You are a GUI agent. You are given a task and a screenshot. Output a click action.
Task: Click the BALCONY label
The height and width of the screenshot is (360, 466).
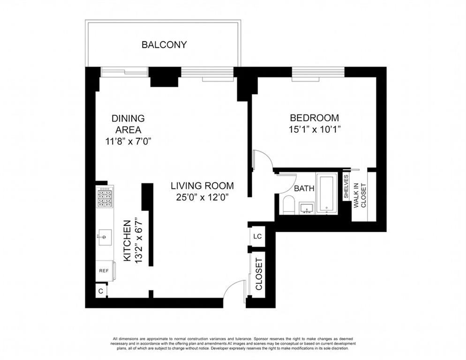tap(164, 45)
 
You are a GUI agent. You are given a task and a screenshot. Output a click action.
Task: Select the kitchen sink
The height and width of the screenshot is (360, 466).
tap(105, 237)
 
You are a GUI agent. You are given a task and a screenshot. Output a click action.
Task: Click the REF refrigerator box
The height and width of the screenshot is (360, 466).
tap(104, 271)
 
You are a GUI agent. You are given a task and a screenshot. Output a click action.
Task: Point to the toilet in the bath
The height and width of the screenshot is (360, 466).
tap(289, 204)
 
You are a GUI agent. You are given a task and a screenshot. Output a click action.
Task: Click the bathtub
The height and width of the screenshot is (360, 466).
tap(327, 193)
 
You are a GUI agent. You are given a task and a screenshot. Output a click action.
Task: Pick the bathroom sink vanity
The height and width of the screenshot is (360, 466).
tap(307, 208)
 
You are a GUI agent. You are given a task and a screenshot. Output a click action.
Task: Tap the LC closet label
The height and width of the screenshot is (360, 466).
tap(257, 236)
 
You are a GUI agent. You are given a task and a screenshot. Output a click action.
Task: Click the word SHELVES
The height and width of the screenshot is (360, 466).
tap(346, 187)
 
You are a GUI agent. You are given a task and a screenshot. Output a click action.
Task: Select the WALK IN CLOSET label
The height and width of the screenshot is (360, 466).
tap(360, 195)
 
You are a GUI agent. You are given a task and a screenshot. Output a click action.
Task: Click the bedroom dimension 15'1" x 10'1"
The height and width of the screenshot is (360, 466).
tap(315, 130)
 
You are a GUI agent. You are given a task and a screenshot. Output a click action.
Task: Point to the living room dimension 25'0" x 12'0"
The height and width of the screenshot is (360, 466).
tap(202, 197)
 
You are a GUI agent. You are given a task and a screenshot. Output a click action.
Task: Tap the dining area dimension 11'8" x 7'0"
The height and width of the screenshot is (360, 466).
tap(128, 142)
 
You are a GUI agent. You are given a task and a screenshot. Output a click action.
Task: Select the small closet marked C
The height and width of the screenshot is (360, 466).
tap(101, 291)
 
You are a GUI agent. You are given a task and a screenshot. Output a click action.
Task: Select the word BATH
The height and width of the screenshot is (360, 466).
tap(304, 188)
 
